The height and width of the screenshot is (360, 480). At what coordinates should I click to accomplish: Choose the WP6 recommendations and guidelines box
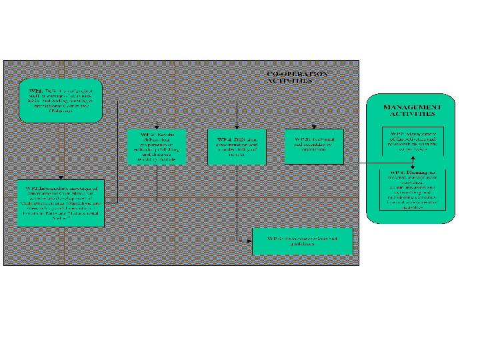click(x=302, y=241)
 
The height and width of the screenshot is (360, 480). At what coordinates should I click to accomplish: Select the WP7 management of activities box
click(x=414, y=142)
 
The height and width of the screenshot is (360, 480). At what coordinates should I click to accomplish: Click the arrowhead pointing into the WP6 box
click(x=249, y=241)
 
